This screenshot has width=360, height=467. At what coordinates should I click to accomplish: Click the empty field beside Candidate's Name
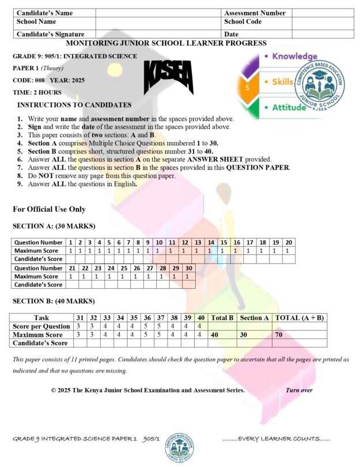[158, 13]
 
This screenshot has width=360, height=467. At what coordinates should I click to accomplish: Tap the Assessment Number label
[255, 13]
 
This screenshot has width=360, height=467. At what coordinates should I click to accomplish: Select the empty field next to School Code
[322, 22]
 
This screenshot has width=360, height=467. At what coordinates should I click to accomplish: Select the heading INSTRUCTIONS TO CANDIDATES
[74, 105]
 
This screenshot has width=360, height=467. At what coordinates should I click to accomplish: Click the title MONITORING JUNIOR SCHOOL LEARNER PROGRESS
[166, 43]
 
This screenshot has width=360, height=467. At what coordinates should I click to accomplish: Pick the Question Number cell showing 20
[289, 242]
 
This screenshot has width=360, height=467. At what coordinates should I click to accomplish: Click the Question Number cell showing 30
[188, 268]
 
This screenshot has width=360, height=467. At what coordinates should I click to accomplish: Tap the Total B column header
[222, 318]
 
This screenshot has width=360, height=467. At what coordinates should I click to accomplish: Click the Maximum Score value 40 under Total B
[215, 334]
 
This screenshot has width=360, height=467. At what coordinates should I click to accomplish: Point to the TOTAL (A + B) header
[300, 318]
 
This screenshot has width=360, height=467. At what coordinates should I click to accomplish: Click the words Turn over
[299, 390]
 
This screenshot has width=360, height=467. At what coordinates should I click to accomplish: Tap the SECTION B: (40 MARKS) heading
[54, 301]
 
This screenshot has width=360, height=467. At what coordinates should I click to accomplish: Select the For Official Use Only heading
[49, 209]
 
